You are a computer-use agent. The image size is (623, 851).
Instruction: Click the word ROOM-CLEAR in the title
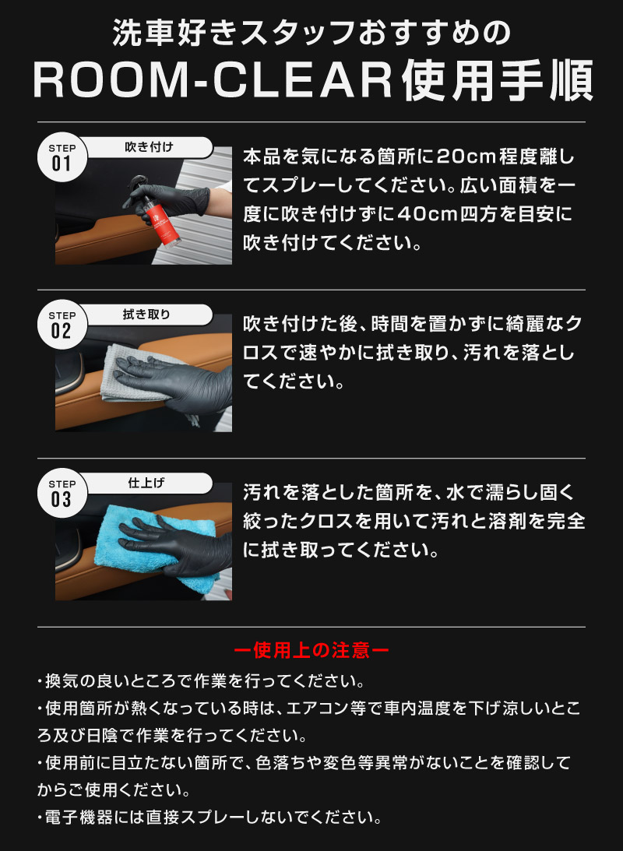pyautogui.click(x=213, y=81)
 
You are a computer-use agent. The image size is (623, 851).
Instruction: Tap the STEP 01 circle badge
pyautogui.click(x=62, y=157)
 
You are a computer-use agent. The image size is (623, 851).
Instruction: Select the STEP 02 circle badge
pyautogui.click(x=62, y=325)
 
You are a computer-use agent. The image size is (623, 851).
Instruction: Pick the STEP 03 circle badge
pyautogui.click(x=62, y=493)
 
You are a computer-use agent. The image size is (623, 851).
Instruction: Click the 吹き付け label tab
pyautogui.click(x=149, y=147)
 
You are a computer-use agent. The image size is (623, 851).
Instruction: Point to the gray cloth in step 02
pyautogui.click(x=136, y=375)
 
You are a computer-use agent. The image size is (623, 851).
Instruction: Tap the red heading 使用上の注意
pyautogui.click(x=311, y=650)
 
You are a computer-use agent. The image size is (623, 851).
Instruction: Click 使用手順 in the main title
pyautogui.click(x=498, y=81)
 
